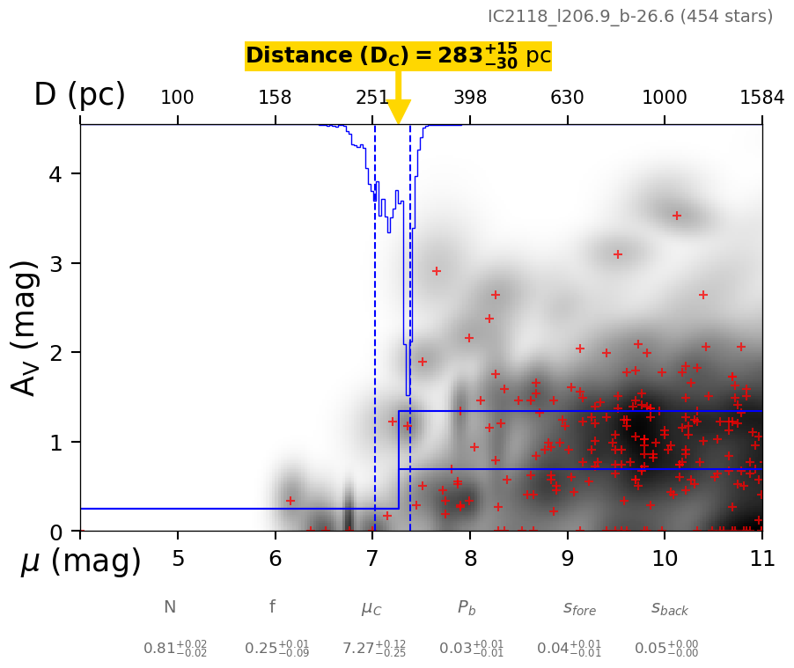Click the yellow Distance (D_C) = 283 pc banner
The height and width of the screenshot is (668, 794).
pos(398,56)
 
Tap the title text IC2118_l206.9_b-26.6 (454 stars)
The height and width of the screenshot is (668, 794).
pos(630,17)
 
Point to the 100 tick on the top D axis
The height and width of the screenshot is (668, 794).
pos(177,98)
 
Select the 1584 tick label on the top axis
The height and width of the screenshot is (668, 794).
pos(761,98)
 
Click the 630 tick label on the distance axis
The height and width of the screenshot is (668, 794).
pos(567,98)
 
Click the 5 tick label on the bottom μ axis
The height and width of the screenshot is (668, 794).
pos(178,559)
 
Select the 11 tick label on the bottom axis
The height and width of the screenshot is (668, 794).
pos(761,559)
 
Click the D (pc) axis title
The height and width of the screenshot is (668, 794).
pos(79,95)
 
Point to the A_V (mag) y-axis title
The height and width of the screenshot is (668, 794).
pos(26,327)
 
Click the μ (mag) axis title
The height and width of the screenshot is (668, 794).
pos(81,562)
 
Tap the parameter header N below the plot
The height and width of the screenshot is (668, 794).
pos(170,607)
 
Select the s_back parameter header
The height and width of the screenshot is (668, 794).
pos(670,608)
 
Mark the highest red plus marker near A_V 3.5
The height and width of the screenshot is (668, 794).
pos(677,216)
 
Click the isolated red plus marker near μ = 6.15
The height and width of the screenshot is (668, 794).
pos(290,501)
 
